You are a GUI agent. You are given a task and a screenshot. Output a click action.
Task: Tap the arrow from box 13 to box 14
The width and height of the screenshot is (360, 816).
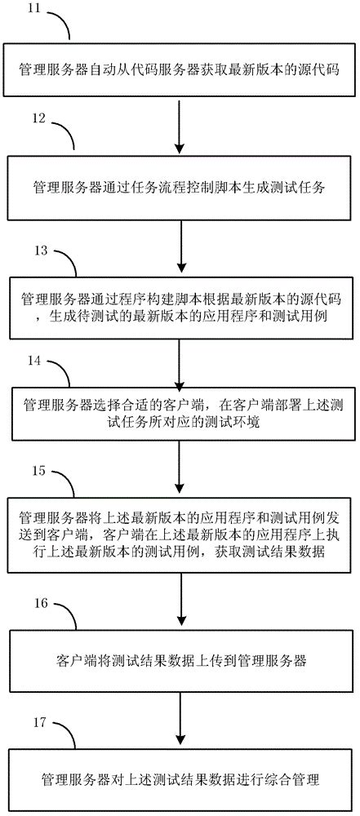pos(180,357)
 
